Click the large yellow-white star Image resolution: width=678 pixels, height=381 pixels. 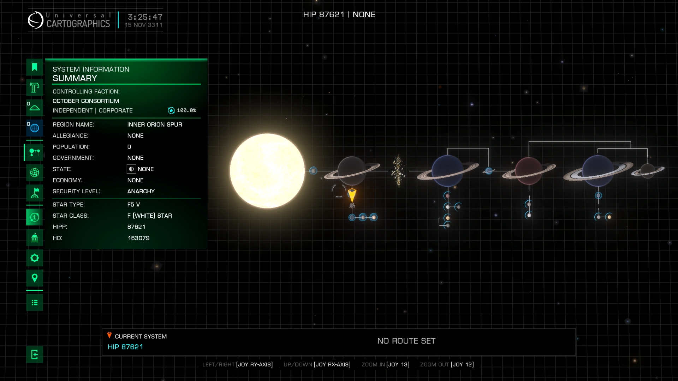[x=267, y=171]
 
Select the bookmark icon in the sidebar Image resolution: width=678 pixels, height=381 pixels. [x=35, y=67]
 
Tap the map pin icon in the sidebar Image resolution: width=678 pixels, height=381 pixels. [x=35, y=278]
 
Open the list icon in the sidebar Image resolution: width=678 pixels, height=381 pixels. [x=35, y=302]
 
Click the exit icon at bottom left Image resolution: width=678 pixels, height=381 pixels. [x=35, y=354]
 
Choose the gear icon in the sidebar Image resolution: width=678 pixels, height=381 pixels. [x=35, y=258]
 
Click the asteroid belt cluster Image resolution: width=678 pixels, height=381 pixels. [x=398, y=171]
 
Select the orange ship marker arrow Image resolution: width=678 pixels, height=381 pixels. [x=352, y=194]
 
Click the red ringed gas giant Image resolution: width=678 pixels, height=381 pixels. [x=529, y=171]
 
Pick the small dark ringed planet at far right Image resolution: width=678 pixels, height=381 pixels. [x=648, y=171]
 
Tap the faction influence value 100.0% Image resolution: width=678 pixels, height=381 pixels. [x=186, y=110]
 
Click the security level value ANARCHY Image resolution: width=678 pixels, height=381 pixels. [x=141, y=191]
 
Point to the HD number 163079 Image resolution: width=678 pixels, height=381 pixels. [x=138, y=238]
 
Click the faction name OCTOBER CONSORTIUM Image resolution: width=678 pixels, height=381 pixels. [x=86, y=101]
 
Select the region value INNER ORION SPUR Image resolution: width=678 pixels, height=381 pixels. [x=155, y=125]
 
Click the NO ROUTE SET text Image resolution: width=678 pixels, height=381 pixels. [x=406, y=341]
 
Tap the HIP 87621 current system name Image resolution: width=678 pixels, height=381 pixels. [x=125, y=347]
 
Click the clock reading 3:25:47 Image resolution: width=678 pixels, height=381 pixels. [x=145, y=17]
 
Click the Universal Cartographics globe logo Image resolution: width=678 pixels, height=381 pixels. [x=36, y=20]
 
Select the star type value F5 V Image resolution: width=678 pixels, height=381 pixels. [x=133, y=205]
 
